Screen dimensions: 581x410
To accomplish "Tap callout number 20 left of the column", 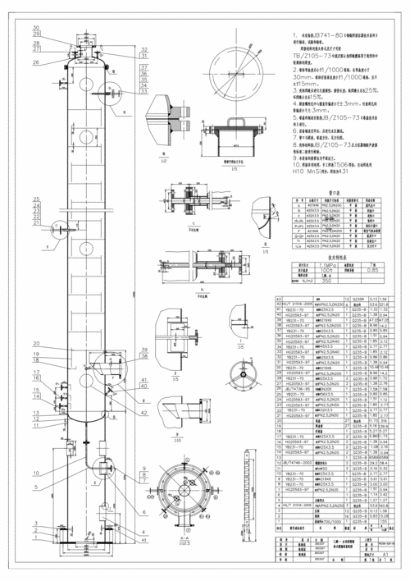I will (36, 343).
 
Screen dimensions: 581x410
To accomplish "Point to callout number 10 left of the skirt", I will (36, 473).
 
